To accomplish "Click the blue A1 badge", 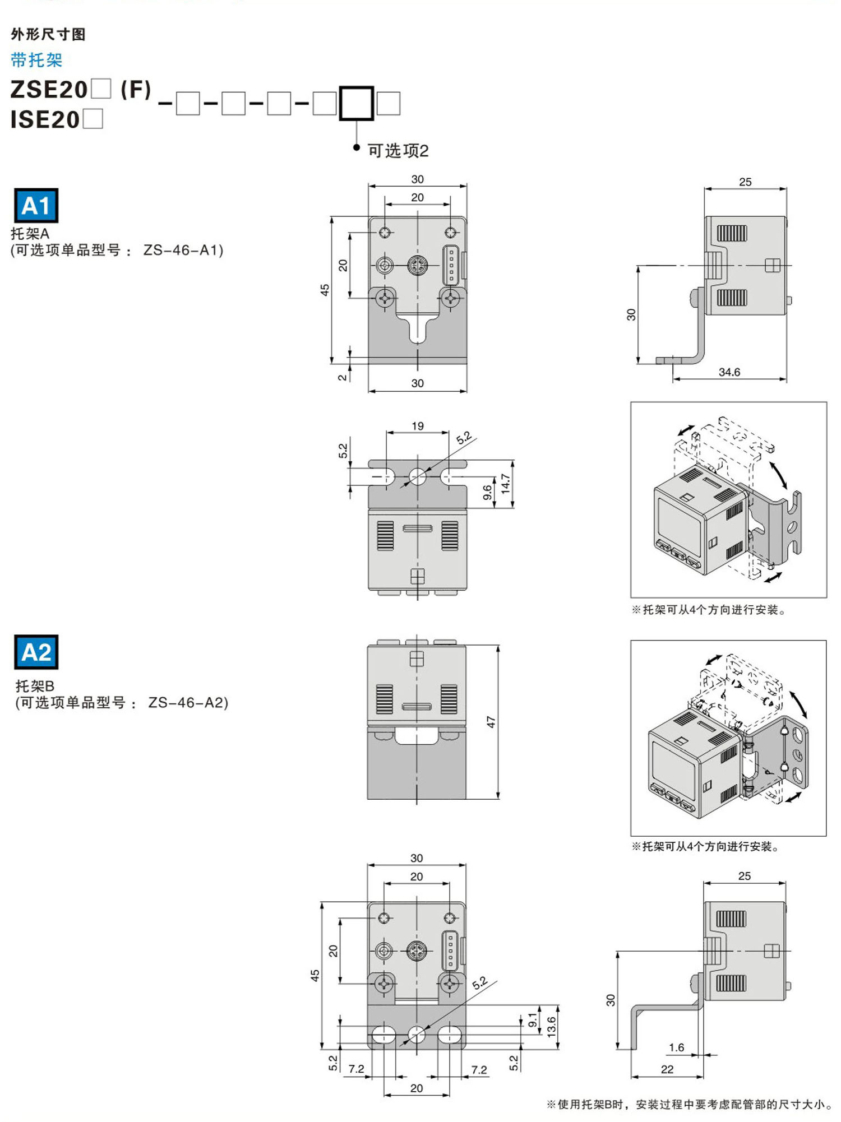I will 36,206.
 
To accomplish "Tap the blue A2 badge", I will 36,652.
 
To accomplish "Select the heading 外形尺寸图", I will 48,34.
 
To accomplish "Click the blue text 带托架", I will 36,60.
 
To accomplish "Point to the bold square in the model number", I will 356,103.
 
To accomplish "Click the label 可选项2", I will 398,151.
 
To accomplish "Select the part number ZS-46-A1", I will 183,250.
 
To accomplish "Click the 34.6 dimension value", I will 729,372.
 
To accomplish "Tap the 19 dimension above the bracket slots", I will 418,426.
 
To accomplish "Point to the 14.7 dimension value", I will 506,483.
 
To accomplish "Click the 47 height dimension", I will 491,722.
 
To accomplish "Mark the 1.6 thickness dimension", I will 677,1047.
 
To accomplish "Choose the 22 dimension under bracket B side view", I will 667,1069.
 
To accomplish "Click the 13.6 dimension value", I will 552,1026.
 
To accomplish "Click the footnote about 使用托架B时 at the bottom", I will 689,1104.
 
